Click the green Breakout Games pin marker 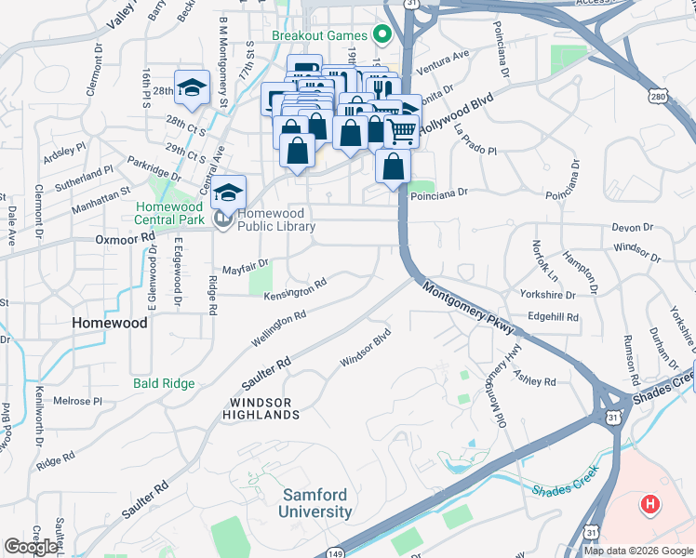(x=381, y=35)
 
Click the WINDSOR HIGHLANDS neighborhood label (x=261, y=408)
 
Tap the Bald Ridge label (x=164, y=383)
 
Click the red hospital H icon (x=650, y=505)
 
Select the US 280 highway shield (x=634, y=97)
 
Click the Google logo (x=31, y=547)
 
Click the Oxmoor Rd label (x=125, y=239)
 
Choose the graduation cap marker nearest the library (x=228, y=193)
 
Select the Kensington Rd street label (x=295, y=289)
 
